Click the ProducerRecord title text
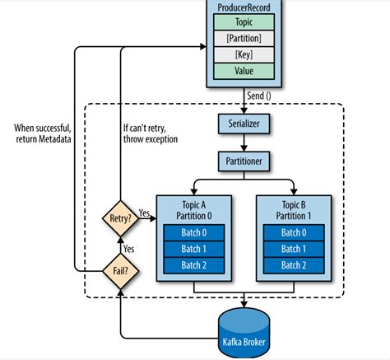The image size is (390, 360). click(x=245, y=7)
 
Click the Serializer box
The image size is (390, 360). click(x=244, y=124)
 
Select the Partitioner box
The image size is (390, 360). click(x=244, y=160)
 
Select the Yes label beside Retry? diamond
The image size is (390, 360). click(x=146, y=212)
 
